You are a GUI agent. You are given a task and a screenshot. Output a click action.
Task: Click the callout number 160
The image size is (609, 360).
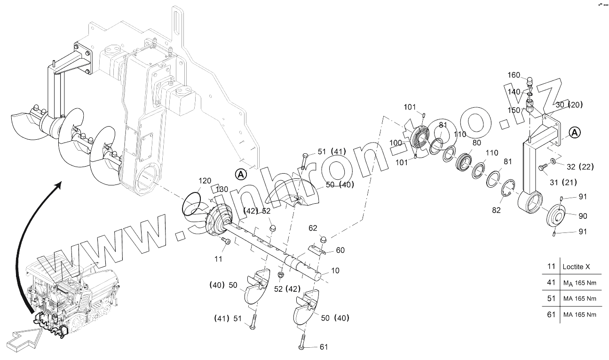click(x=514, y=75)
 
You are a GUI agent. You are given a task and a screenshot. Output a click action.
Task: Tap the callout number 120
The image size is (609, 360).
click(x=205, y=181)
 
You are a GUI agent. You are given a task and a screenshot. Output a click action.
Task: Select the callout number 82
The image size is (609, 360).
click(x=496, y=210)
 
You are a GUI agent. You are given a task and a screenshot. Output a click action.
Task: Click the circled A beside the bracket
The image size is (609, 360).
click(x=574, y=133)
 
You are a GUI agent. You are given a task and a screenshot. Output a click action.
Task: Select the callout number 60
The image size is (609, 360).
click(x=340, y=250)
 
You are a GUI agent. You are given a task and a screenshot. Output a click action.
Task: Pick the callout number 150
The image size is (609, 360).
click(x=514, y=110)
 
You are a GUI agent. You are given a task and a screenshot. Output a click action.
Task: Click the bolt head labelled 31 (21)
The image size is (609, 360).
click(x=542, y=167)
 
